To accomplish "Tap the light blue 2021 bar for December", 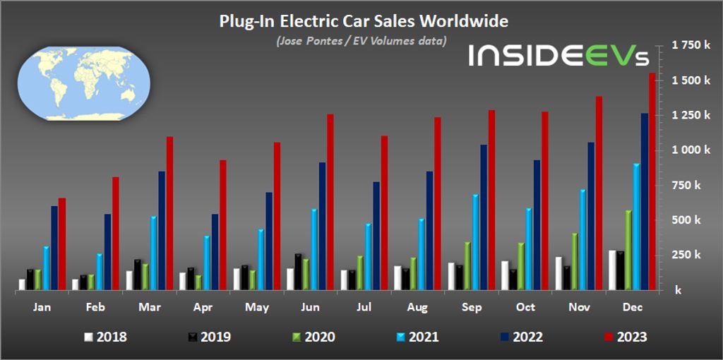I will pos(637,227).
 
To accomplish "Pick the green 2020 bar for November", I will pos(575,261).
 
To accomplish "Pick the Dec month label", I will pos(632,308).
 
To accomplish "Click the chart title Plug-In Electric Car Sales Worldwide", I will pos(364,22).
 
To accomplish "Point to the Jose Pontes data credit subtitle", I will pos(361,41).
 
